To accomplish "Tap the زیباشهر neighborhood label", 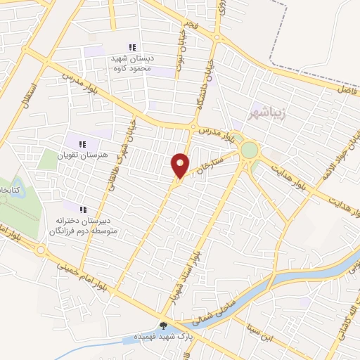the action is (266, 112).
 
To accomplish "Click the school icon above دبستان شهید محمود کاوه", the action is (133, 47).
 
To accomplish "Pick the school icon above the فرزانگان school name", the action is (83, 210).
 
